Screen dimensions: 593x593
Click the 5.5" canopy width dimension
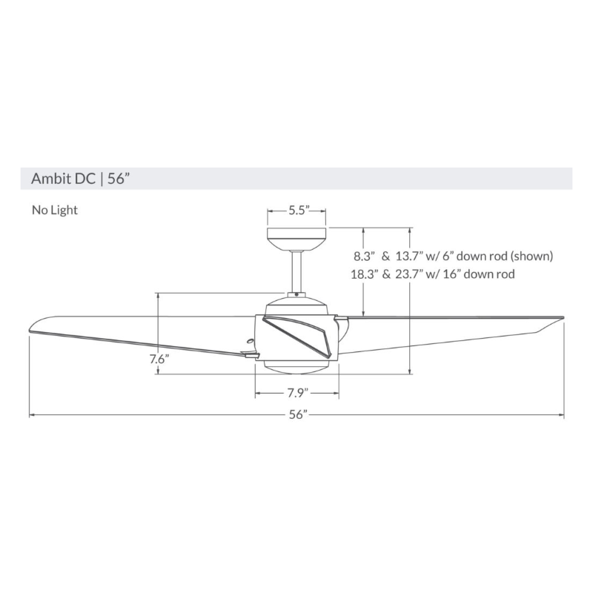[x=298, y=211]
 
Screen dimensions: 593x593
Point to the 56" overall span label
[x=298, y=416]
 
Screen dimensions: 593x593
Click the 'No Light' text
[x=54, y=210]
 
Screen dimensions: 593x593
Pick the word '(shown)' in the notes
[x=530, y=256]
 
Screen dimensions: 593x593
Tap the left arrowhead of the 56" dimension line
[x=32, y=416]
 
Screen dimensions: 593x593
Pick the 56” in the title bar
[x=120, y=178]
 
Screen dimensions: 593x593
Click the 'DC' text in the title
[x=83, y=178]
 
